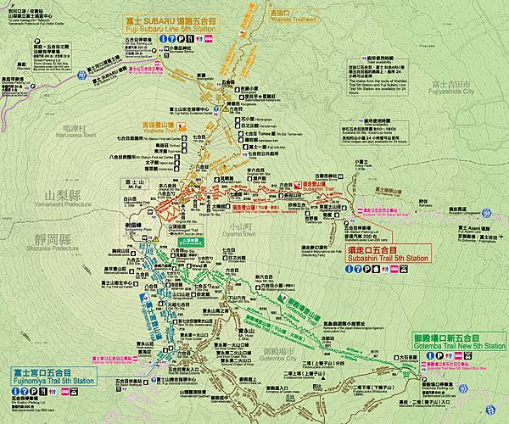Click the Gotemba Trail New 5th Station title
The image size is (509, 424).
click(460, 343)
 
